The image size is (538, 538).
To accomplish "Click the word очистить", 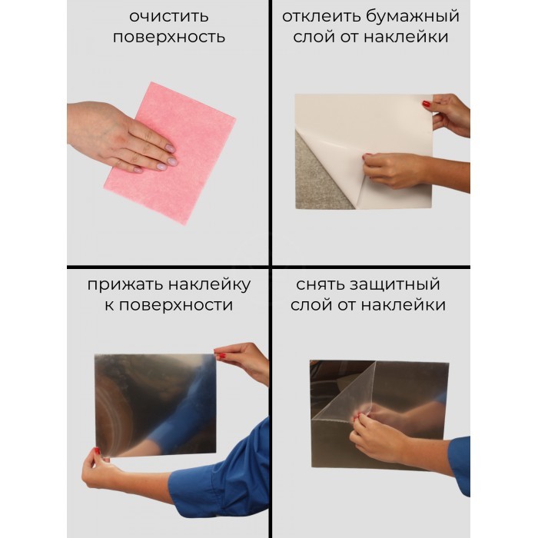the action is [x=169, y=16].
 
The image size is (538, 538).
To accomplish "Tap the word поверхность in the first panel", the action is [x=169, y=37].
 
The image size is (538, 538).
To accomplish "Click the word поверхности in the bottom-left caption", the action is [x=176, y=305].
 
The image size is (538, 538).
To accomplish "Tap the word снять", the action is [x=320, y=284].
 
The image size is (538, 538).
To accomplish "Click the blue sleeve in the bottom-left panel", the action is [x=223, y=480].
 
